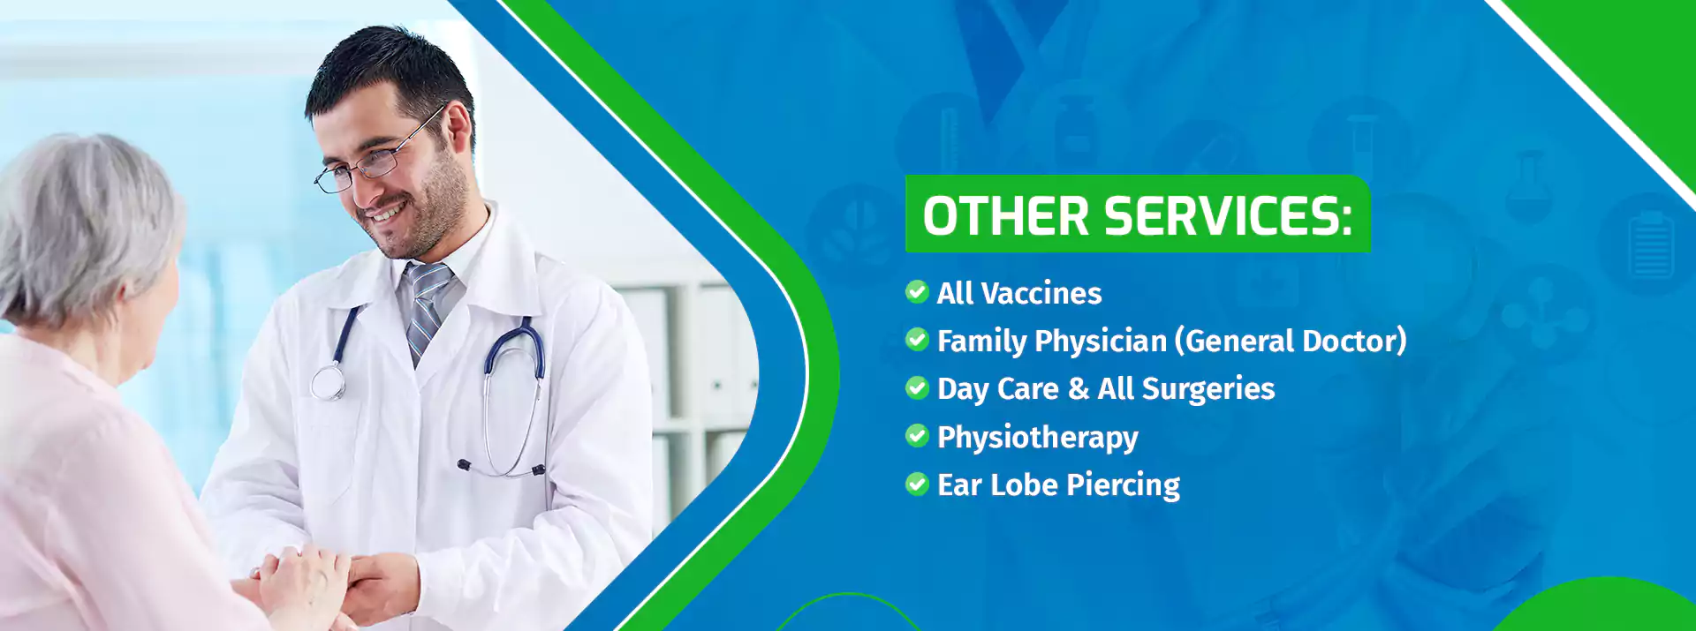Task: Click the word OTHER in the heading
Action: (x=1005, y=216)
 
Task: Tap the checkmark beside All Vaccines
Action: (x=917, y=291)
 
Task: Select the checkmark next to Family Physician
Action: (x=917, y=339)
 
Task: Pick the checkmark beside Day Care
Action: (x=917, y=387)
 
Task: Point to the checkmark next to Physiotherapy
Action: (x=917, y=435)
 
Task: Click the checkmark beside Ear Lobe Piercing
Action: (x=917, y=484)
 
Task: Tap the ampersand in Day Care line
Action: (x=1078, y=389)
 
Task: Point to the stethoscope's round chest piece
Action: (x=328, y=383)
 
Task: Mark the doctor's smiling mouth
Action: (x=386, y=214)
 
